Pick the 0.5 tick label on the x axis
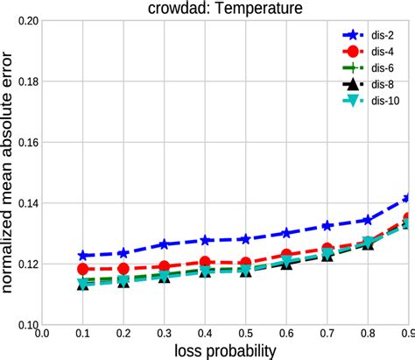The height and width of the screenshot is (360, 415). (245, 333)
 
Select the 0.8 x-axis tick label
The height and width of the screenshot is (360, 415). (368, 333)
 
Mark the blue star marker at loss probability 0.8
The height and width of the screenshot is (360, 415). (368, 220)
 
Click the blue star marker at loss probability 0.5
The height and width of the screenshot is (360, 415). (245, 239)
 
